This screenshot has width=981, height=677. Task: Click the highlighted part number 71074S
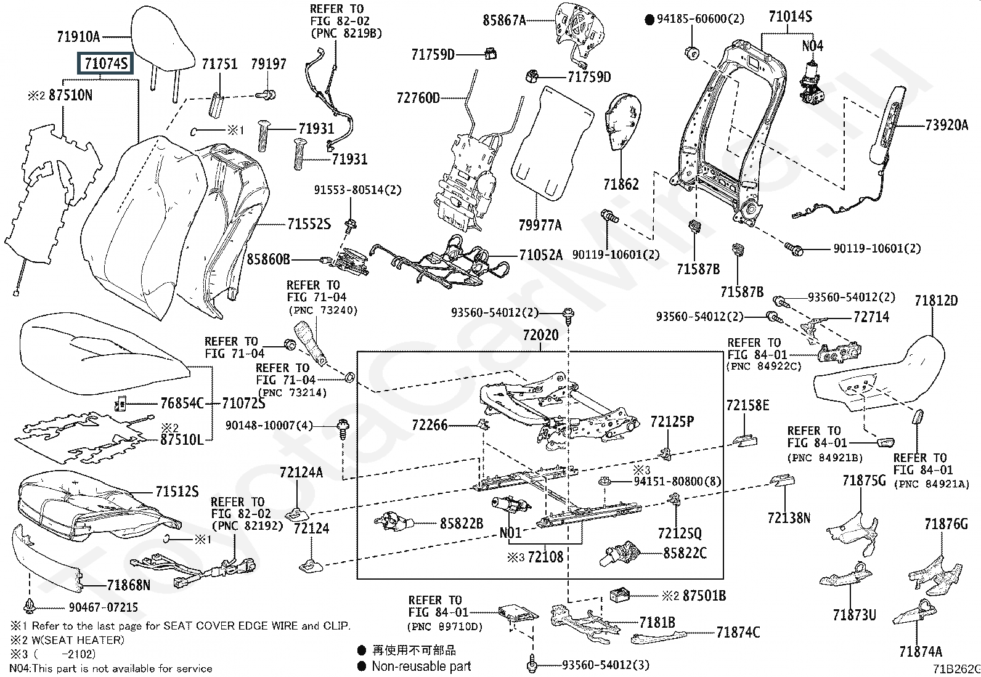pyautogui.click(x=105, y=63)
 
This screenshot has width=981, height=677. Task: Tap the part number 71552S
pyautogui.click(x=309, y=224)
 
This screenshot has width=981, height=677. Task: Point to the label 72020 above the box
pyautogui.click(x=540, y=336)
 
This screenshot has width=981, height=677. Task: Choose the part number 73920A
pyautogui.click(x=946, y=126)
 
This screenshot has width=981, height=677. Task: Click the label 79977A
pyautogui.click(x=540, y=225)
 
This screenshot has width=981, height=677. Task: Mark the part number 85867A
pyautogui.click(x=504, y=21)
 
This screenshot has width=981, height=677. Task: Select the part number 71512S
pyautogui.click(x=177, y=492)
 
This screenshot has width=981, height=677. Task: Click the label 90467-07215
pyautogui.click(x=103, y=607)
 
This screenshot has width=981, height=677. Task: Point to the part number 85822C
pyautogui.click(x=685, y=553)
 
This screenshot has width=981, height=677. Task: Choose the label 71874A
pyautogui.click(x=921, y=651)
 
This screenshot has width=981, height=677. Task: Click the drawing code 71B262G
pyautogui.click(x=956, y=669)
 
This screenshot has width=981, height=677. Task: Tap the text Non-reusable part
pyautogui.click(x=421, y=666)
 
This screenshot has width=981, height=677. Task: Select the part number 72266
pyautogui.click(x=429, y=425)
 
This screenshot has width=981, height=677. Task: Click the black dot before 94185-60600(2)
pyautogui.click(x=649, y=20)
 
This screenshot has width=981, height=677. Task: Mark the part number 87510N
pyautogui.click(x=70, y=95)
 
